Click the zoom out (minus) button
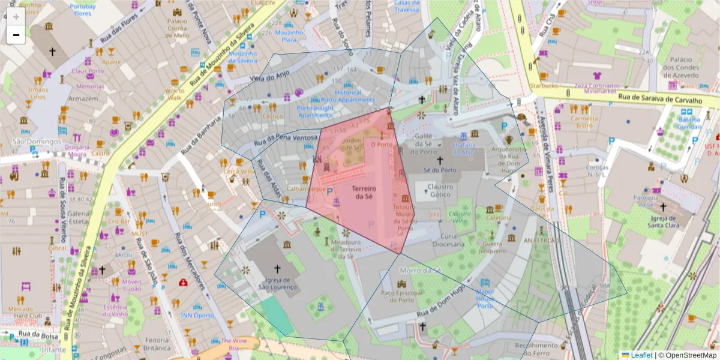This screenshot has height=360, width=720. (x=16, y=35)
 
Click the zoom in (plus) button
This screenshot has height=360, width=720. (x=16, y=16)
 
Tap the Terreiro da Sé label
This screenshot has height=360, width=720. (x=365, y=193)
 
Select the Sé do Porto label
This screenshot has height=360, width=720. (x=439, y=170)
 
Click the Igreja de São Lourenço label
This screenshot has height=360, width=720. (x=277, y=283)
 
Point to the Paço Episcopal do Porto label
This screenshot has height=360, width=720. (x=401, y=296)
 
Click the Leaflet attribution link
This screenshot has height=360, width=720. (x=641, y=355)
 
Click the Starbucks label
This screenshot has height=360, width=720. (x=544, y=86)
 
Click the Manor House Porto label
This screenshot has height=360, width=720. (x=485, y=294)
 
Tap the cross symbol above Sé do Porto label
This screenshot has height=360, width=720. (x=439, y=160)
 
